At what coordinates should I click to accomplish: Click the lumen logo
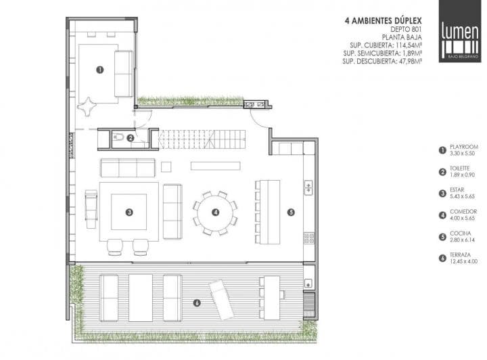click(x=460, y=31)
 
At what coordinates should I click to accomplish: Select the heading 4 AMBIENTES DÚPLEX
click(x=384, y=21)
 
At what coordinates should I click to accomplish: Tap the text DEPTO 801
click(x=406, y=30)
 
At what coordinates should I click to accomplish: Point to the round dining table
click(x=215, y=212)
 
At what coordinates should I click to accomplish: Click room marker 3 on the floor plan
click(x=129, y=212)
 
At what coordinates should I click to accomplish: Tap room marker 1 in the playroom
click(x=99, y=70)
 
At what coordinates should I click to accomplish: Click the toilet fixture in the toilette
click(x=118, y=137)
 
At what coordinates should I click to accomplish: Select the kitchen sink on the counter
click(x=308, y=188)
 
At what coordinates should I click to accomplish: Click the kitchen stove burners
click(x=308, y=238)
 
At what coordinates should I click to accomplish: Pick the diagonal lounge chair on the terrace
click(x=221, y=300)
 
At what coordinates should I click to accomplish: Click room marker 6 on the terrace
click(x=197, y=303)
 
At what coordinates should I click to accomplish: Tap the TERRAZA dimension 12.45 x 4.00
click(x=464, y=261)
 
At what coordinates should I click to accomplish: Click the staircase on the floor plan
click(x=202, y=139)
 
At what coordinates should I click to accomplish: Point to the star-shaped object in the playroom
click(x=87, y=106)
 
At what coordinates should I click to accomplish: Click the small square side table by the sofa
click(x=166, y=166)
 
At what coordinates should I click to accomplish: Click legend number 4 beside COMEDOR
click(x=442, y=215)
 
